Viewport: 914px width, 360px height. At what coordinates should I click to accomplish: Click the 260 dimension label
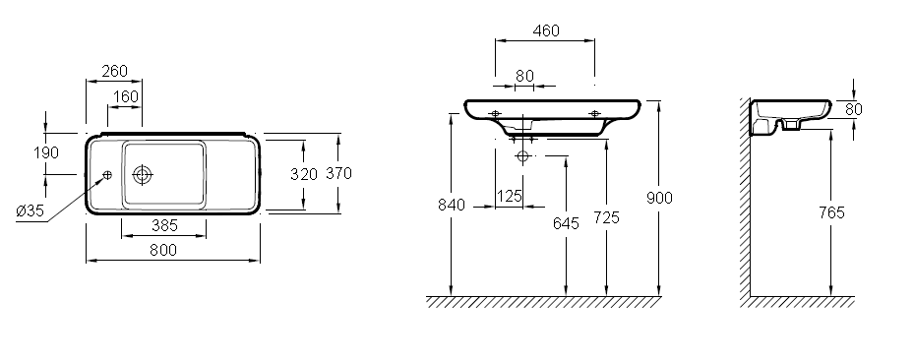click(x=114, y=71)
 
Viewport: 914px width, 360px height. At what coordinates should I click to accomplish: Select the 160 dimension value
click(x=126, y=96)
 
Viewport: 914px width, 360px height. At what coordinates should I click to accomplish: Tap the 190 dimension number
click(x=46, y=152)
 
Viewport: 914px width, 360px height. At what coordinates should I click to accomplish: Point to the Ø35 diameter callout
click(x=30, y=210)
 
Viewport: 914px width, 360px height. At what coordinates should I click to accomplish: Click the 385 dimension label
click(x=164, y=225)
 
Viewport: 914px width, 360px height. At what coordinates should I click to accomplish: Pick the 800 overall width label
click(x=163, y=250)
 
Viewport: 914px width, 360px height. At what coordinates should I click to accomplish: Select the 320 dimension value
click(x=304, y=174)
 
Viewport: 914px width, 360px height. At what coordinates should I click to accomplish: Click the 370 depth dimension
click(x=338, y=173)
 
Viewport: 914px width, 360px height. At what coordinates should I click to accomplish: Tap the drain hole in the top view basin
click(x=143, y=174)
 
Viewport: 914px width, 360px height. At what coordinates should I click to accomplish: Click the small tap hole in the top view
click(x=107, y=175)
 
